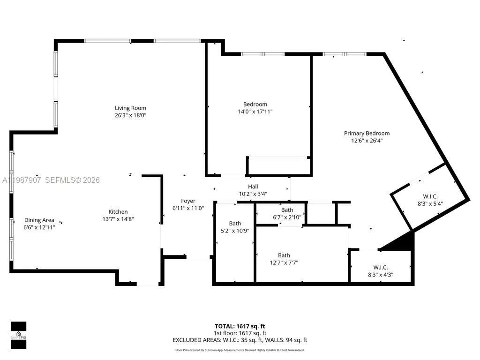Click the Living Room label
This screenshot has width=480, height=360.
(130, 108)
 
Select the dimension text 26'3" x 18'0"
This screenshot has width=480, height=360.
(130, 115)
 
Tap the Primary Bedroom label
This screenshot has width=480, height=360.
(367, 134)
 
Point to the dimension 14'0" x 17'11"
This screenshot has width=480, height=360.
(255, 112)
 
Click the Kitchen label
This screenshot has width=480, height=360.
(118, 212)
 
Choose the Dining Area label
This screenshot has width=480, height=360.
(39, 220)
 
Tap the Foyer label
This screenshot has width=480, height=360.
(188, 201)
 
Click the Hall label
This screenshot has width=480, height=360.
(253, 187)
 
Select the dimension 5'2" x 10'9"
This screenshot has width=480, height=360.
(235, 231)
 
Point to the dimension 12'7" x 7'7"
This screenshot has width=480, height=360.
(284, 262)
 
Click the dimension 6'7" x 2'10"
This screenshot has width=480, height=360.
(287, 217)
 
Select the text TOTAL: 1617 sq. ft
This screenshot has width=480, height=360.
(240, 326)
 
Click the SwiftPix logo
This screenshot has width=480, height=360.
(18, 336)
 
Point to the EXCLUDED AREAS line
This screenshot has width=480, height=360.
(240, 340)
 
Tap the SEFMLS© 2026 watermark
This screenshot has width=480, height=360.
(72, 180)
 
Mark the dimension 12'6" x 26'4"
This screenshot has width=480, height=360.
(367, 141)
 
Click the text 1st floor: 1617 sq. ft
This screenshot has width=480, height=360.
(240, 333)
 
